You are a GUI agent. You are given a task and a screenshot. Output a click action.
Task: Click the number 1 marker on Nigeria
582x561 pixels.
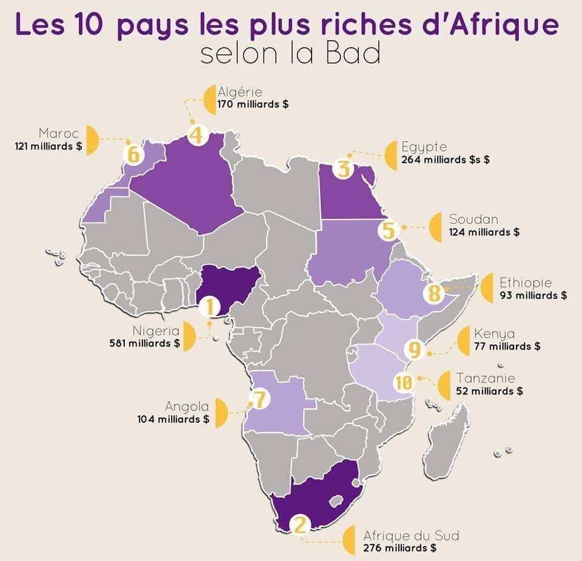pyautogui.click(x=210, y=307)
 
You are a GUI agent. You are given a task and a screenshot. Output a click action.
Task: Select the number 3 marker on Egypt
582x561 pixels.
pyautogui.click(x=344, y=167)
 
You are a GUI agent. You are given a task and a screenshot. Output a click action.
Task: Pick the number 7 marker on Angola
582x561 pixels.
pyautogui.click(x=259, y=399)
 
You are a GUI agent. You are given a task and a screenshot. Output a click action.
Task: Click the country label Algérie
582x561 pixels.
pyautogui.click(x=240, y=92)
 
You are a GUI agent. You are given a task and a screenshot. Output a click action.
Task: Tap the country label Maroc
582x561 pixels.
pyautogui.click(x=58, y=133)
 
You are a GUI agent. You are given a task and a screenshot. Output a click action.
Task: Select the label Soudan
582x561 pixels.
pyautogui.click(x=473, y=220)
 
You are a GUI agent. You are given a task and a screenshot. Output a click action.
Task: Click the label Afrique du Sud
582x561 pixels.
pyautogui.click(x=411, y=536)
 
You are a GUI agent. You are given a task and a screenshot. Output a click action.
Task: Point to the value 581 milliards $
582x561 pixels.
pyautogui.click(x=144, y=343)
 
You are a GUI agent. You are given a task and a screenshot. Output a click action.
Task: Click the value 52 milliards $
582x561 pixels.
pyautogui.click(x=489, y=391)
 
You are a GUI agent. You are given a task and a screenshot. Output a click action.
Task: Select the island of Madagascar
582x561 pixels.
pyautogui.click(x=447, y=442)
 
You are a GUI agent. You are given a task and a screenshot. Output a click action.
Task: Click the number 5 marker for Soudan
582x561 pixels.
pyautogui.click(x=389, y=230)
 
